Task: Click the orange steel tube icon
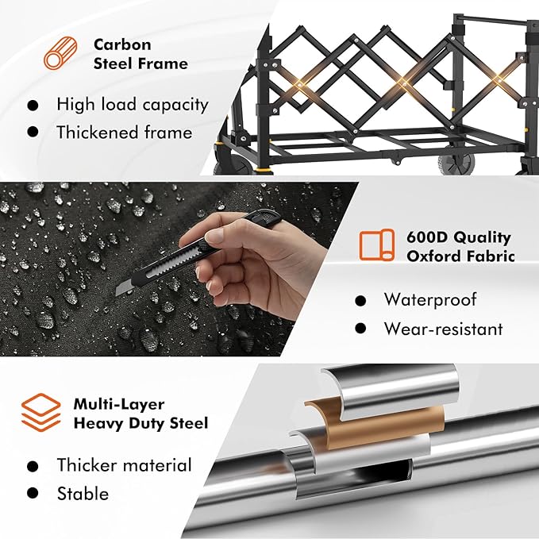click(60, 54)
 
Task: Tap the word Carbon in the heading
click(122, 44)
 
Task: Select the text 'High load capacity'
click(133, 105)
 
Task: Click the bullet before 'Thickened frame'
click(33, 132)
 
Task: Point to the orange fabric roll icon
click(377, 245)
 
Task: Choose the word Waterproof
click(430, 299)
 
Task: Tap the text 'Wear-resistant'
click(444, 329)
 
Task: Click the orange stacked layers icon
click(41, 413)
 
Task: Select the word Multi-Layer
click(119, 404)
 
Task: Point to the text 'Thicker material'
click(124, 464)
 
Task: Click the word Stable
click(83, 493)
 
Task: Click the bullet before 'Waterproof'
click(360, 301)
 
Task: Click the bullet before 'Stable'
click(33, 493)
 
